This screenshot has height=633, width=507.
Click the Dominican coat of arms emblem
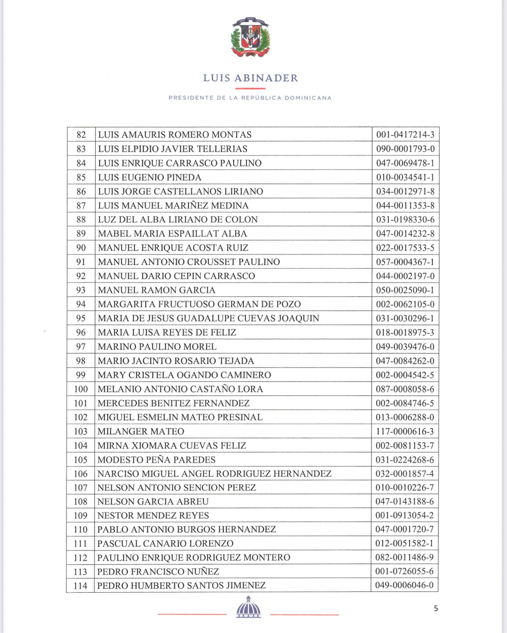point(250,37)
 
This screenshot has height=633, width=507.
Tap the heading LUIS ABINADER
point(250,78)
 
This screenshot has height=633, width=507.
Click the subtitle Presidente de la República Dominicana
point(250,98)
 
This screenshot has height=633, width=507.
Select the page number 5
point(435,608)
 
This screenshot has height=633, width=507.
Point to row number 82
point(81,135)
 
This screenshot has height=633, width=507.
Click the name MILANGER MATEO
point(141,431)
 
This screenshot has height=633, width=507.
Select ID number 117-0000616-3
point(405,431)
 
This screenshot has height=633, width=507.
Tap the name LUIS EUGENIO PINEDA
point(149,177)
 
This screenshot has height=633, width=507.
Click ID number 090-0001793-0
point(405,149)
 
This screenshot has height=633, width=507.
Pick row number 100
point(81,389)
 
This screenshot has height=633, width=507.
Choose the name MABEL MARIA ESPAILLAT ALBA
point(172,234)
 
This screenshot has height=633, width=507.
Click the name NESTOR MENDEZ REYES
point(153,516)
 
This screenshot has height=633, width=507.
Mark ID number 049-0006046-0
point(404,585)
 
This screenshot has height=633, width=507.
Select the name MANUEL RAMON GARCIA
point(156,290)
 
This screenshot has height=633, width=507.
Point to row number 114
point(80,585)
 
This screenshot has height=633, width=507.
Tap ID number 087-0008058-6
point(405,389)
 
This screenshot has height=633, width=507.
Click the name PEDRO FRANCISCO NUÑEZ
point(158,571)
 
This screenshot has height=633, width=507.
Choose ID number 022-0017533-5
point(405,248)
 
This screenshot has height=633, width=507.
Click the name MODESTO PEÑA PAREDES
point(156,460)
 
